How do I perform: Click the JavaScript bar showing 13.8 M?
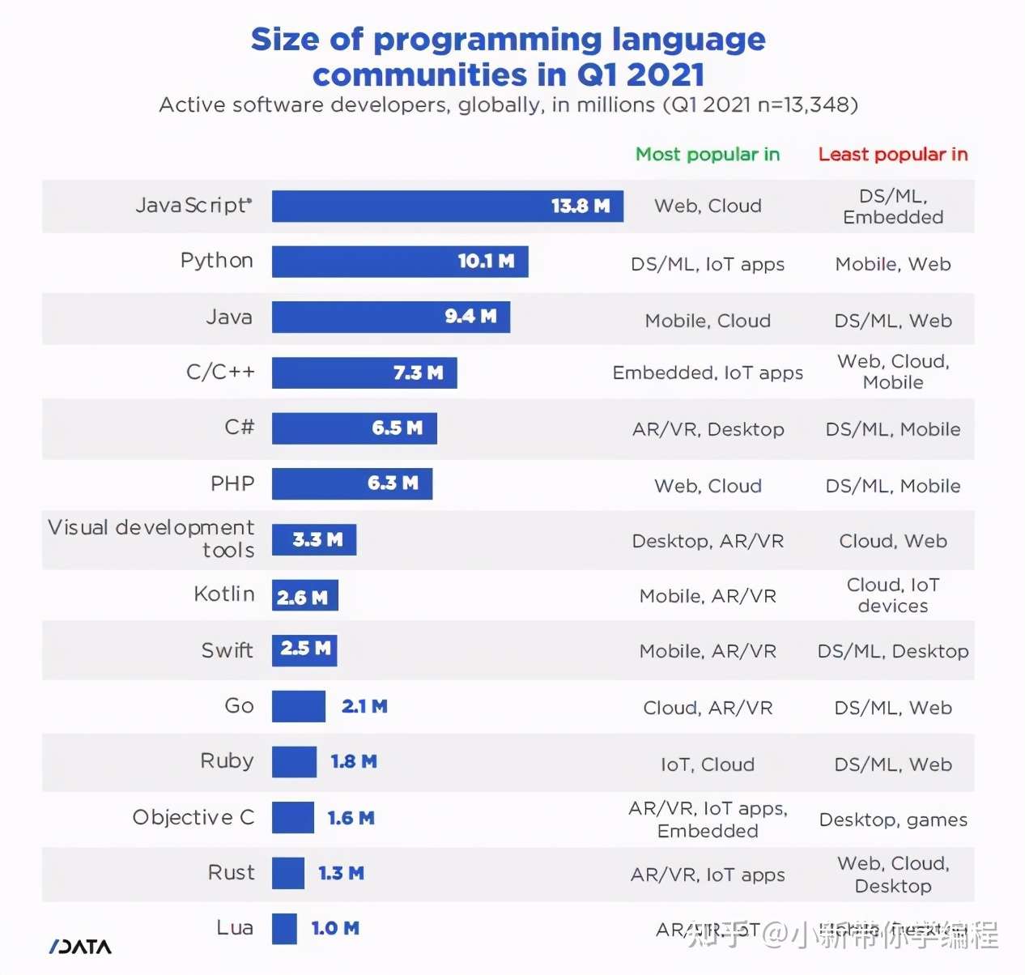point(447,206)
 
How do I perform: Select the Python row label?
point(216,261)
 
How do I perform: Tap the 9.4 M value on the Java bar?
point(470,317)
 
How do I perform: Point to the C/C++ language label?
point(220,372)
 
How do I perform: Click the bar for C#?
point(354,428)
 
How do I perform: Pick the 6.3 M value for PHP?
point(393,483)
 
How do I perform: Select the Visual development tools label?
point(151,539)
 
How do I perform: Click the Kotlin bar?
point(304,596)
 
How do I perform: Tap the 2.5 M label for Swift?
point(305,649)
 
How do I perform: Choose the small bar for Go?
point(298,706)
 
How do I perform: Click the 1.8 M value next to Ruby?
point(354,761)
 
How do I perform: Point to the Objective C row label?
point(194,817)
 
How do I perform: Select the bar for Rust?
point(287,873)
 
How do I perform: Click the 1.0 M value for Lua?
point(335,928)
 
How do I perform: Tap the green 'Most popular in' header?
point(707,154)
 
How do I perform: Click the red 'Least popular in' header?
point(892,154)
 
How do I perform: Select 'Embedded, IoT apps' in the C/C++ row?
point(708,373)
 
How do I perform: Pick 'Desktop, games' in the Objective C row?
point(893,820)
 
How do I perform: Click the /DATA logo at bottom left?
point(80,947)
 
